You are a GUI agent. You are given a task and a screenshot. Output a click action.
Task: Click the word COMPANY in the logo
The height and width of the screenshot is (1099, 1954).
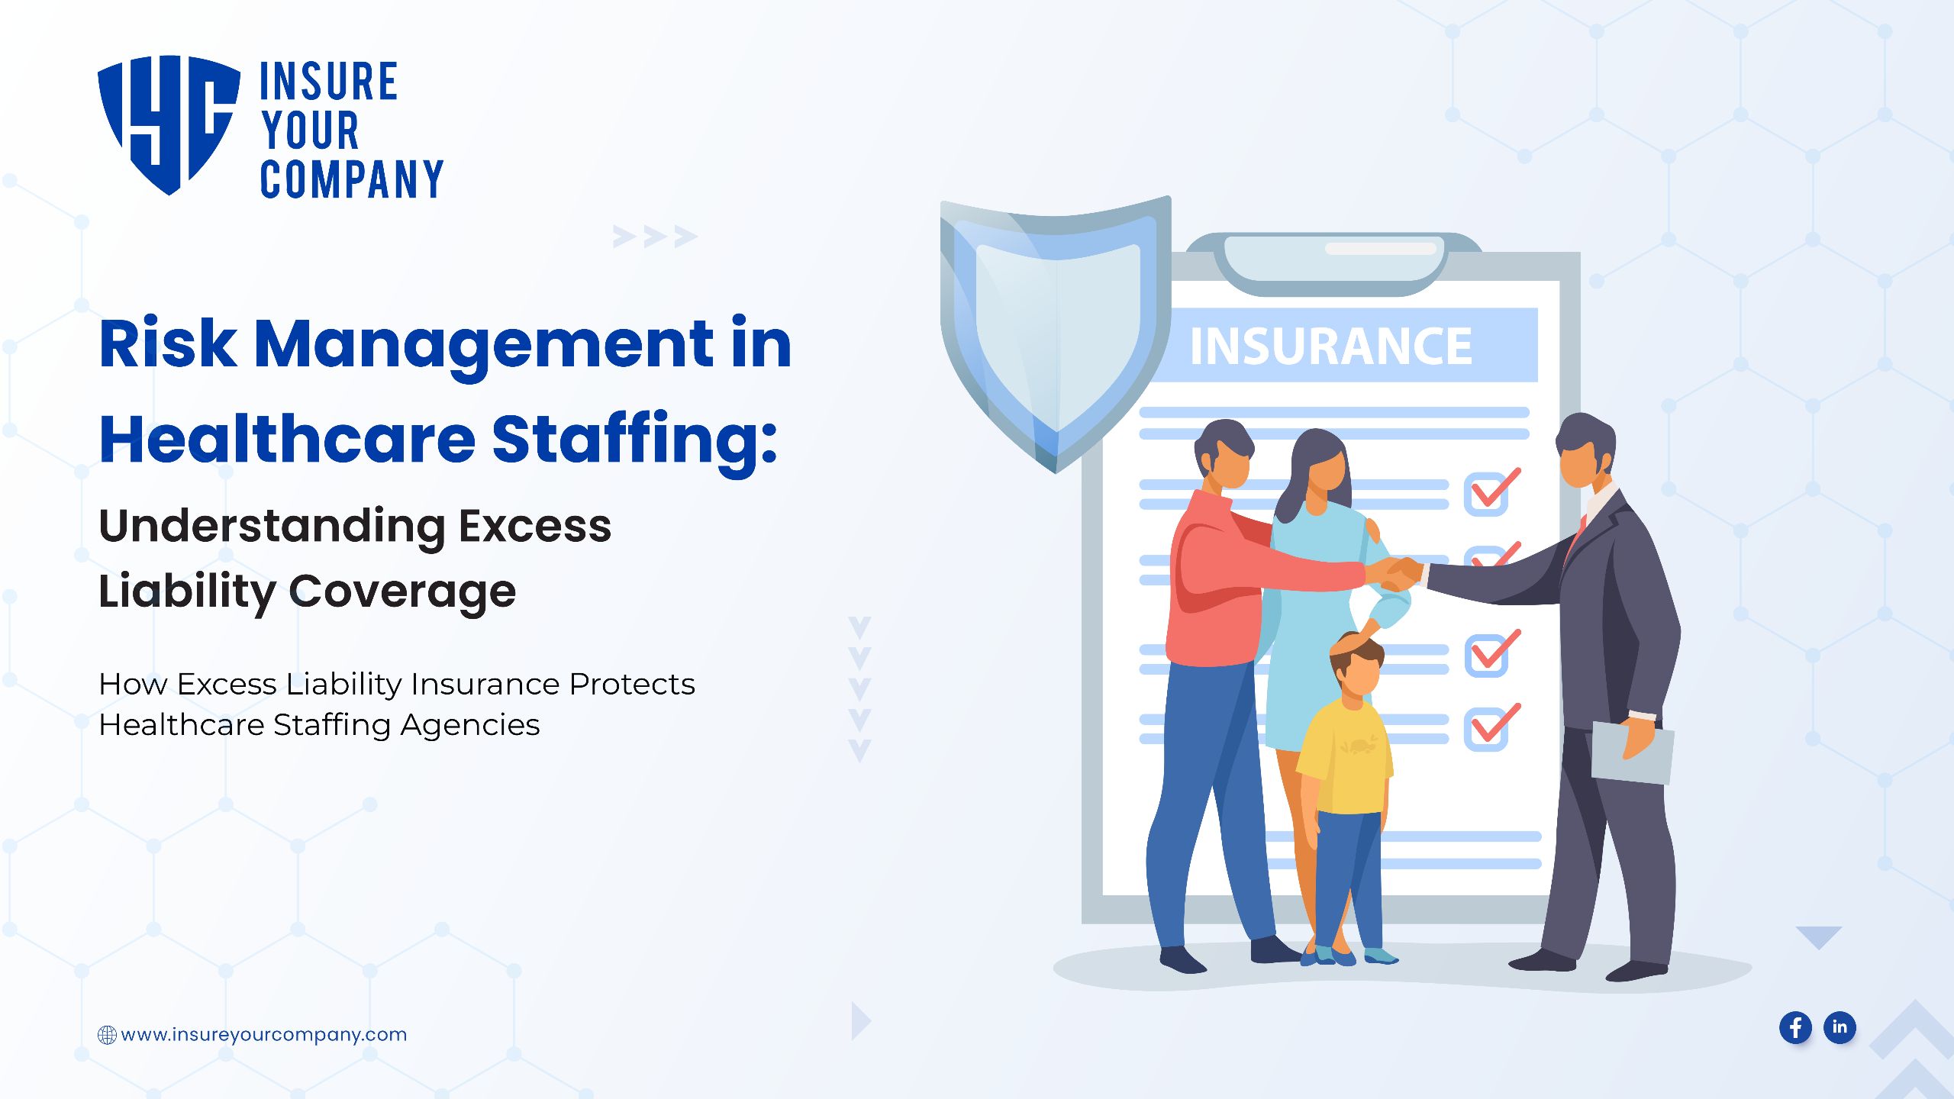click(x=352, y=179)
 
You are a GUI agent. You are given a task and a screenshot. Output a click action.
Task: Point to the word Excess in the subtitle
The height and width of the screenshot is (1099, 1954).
click(x=535, y=526)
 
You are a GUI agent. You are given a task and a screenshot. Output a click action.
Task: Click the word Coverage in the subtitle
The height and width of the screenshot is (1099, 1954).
click(x=402, y=591)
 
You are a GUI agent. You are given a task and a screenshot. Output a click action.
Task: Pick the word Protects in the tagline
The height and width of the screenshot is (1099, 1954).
click(x=632, y=684)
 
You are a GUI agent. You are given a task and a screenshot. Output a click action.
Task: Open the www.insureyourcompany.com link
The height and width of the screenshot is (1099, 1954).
click(x=264, y=1035)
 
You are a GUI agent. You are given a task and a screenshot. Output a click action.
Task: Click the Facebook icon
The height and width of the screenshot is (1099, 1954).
click(x=1795, y=1027)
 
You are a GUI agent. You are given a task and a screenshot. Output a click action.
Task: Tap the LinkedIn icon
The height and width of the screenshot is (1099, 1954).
click(x=1840, y=1027)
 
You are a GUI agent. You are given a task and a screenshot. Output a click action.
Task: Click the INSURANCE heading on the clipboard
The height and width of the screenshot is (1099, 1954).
click(x=1330, y=346)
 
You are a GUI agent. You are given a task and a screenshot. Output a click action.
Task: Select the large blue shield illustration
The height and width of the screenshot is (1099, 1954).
click(x=1055, y=332)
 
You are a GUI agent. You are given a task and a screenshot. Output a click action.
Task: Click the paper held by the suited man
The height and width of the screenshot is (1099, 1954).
click(x=1633, y=753)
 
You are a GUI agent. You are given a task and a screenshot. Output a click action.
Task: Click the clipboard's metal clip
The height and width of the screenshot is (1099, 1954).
click(x=1333, y=264)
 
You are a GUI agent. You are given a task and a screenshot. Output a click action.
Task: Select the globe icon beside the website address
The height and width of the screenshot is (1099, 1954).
click(x=107, y=1035)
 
